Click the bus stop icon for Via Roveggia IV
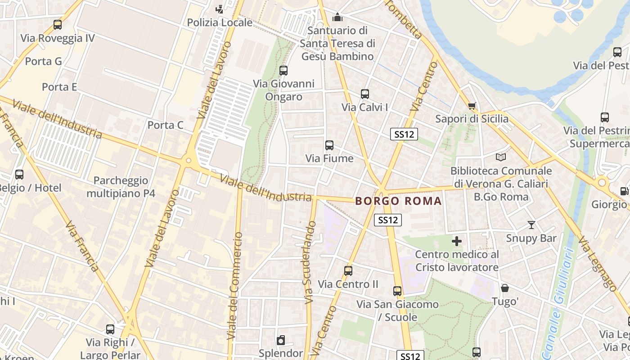click(x=57, y=25)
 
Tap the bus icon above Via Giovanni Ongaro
click(x=283, y=70)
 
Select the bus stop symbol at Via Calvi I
click(x=364, y=94)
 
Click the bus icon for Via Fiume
click(x=329, y=145)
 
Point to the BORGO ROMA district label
click(x=399, y=201)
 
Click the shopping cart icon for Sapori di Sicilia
click(x=472, y=106)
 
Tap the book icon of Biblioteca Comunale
click(x=501, y=157)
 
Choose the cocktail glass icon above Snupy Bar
click(x=531, y=225)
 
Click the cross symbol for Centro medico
click(x=457, y=241)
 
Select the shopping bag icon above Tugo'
click(x=505, y=288)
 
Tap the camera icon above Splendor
click(x=281, y=340)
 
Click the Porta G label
click(x=43, y=61)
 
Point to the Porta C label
click(x=166, y=125)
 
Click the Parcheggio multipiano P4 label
click(x=121, y=187)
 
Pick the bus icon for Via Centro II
click(x=348, y=270)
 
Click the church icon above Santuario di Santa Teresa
click(x=337, y=18)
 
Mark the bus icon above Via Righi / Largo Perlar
click(x=110, y=329)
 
